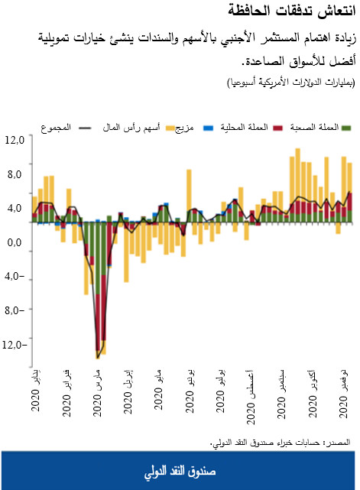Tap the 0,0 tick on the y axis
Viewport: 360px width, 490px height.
[15, 243]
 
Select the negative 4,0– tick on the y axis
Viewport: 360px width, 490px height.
[15, 277]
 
